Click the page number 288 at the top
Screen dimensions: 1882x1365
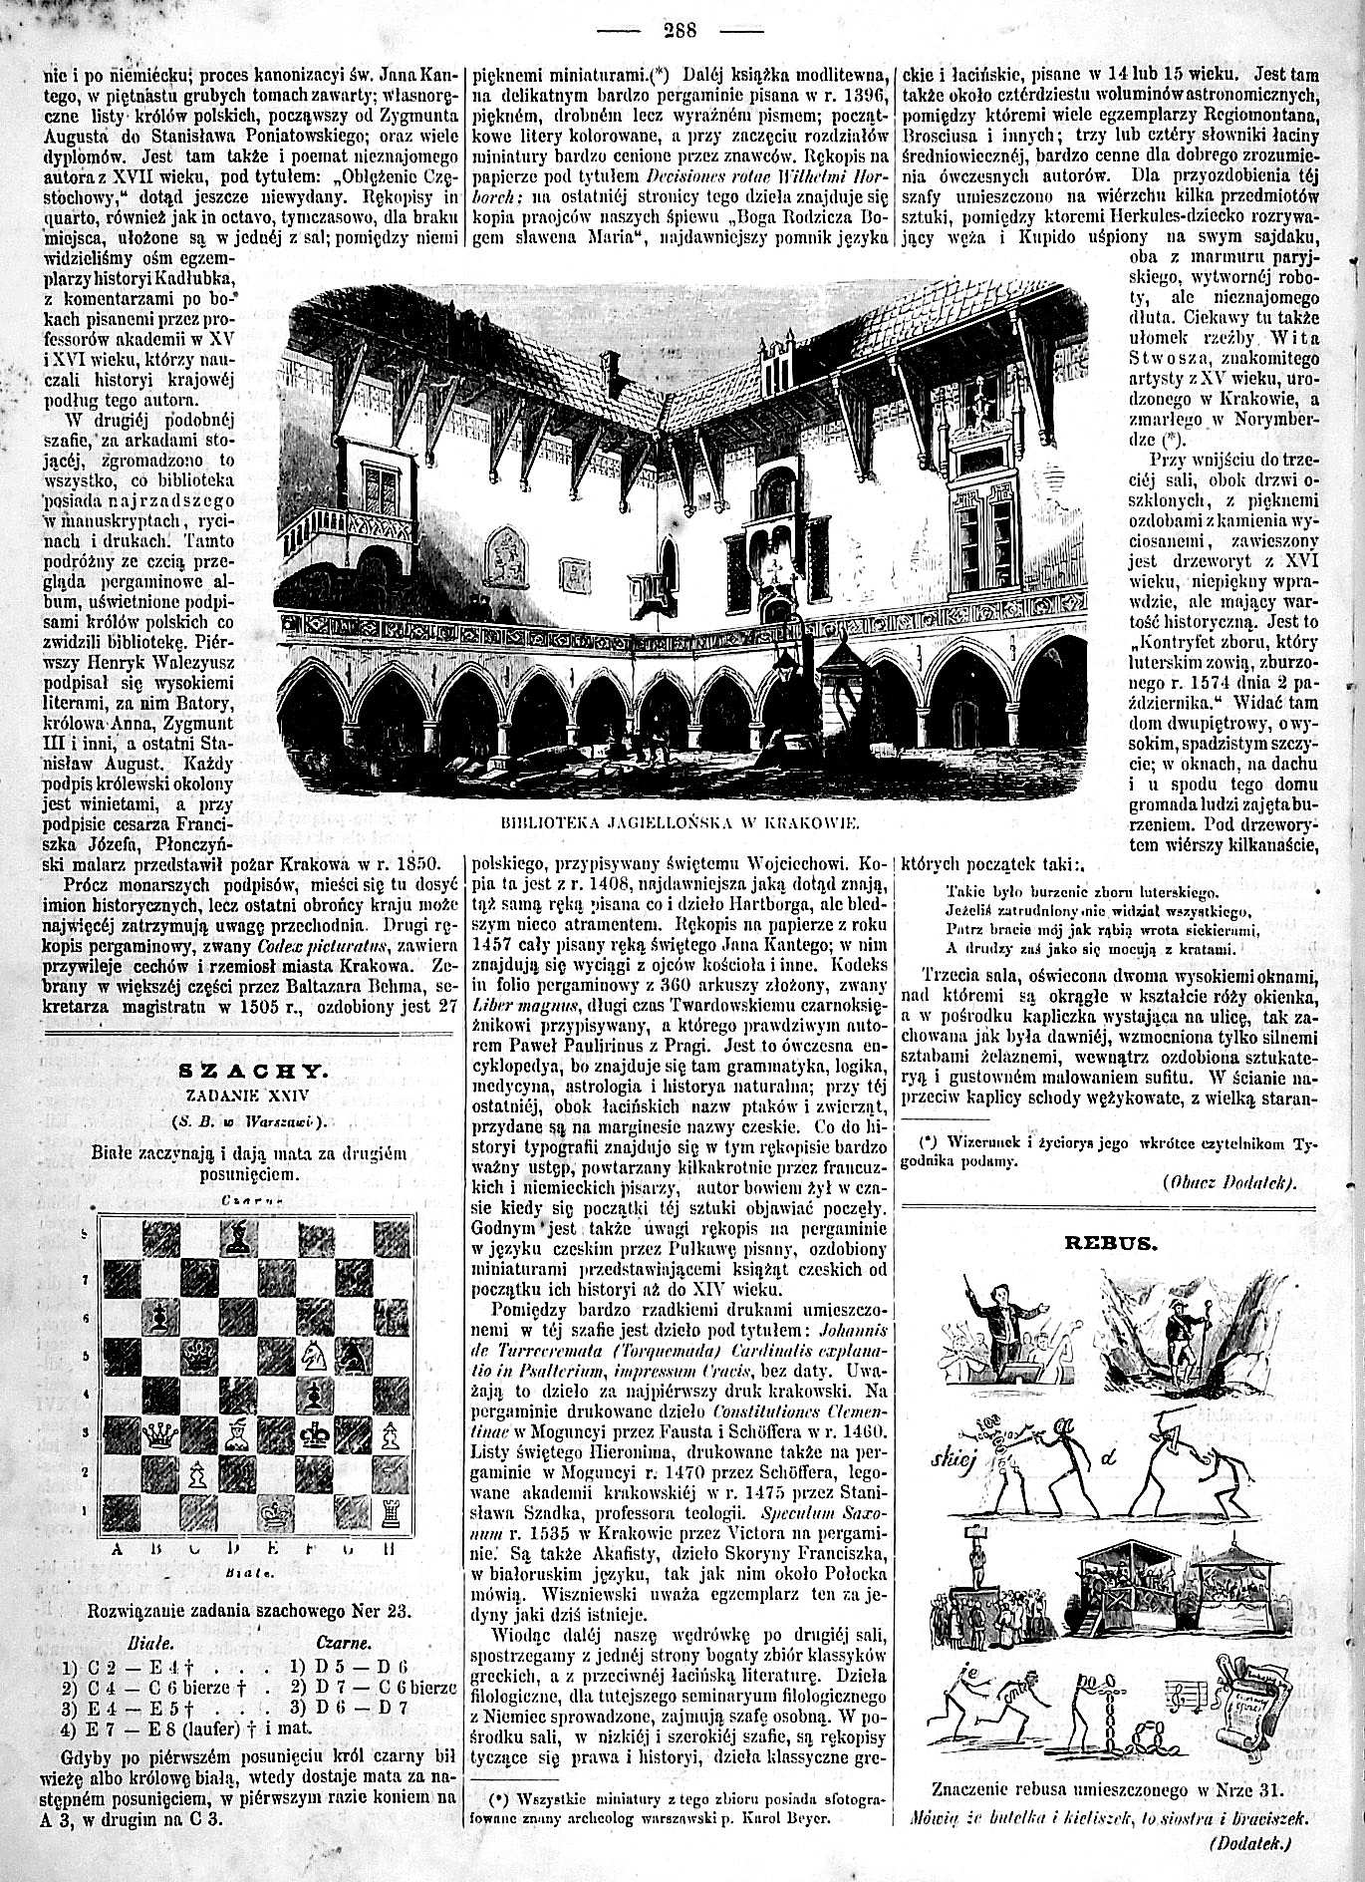pos(682,28)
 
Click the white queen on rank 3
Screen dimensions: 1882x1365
pos(157,1435)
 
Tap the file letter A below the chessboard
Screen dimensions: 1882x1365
pos(117,1549)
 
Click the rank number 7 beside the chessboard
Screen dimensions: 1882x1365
pos(84,1277)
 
